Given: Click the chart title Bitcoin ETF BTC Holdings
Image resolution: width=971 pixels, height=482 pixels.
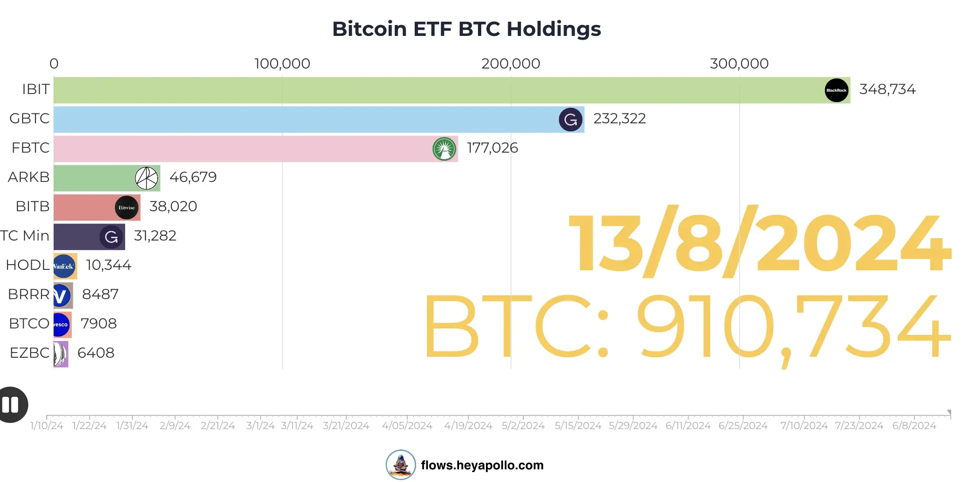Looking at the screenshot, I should click(466, 29).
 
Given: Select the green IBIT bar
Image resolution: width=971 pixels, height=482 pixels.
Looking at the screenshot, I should click(425, 90).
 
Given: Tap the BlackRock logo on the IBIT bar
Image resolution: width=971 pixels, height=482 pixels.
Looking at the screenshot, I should click(836, 90).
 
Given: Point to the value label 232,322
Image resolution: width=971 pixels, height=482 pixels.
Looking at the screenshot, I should click(619, 119).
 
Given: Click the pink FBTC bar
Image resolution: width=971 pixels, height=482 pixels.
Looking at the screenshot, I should click(236, 149).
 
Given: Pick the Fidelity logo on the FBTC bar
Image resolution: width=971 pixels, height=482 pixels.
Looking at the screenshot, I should click(444, 149).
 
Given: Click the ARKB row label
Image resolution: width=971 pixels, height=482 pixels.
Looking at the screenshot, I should click(28, 177).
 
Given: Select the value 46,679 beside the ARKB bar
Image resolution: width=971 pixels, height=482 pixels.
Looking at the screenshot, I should click(193, 177).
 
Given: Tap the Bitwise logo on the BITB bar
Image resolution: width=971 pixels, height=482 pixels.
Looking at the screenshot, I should click(127, 207).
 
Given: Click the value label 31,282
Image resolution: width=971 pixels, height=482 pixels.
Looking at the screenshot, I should click(155, 236).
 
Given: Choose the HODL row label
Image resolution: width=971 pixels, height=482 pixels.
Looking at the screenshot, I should click(27, 265).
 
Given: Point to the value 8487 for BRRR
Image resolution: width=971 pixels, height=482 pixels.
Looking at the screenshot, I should click(100, 294).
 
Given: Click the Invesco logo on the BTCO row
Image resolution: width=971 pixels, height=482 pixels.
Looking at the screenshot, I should click(61, 325).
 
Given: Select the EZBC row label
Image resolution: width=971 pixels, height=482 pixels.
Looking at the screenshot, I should click(29, 353).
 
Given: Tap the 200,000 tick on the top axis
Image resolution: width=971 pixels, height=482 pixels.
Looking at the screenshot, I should click(511, 64).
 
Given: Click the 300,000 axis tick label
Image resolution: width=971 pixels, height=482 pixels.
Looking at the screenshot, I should click(739, 64).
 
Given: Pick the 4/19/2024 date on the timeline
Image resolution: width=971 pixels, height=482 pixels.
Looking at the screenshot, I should click(468, 426).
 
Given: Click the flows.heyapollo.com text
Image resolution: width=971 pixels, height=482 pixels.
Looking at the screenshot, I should click(482, 465).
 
